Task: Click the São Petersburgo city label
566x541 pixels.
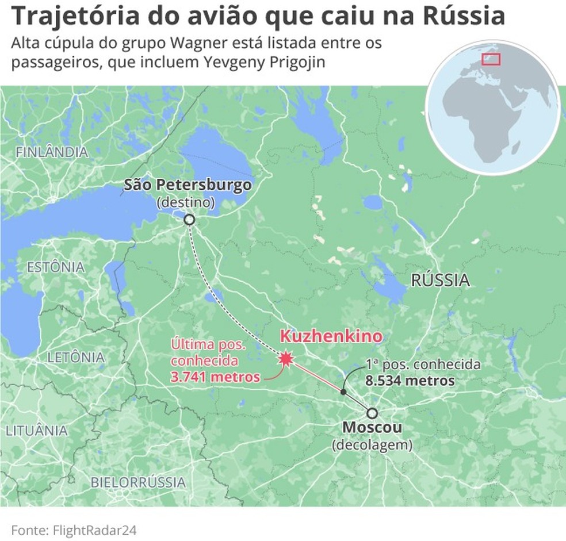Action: click(x=188, y=185)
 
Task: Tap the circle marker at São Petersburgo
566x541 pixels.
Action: click(x=189, y=220)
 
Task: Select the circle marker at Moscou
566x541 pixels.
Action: click(x=372, y=413)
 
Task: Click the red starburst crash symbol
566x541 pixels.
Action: click(x=285, y=359)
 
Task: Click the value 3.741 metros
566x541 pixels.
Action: click(x=215, y=377)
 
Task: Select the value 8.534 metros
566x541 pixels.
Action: click(x=410, y=381)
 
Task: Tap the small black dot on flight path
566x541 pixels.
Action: click(x=343, y=392)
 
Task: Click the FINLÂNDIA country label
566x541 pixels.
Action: click(x=52, y=152)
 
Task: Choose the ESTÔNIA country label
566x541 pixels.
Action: click(x=56, y=267)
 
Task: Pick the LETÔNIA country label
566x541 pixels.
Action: click(x=76, y=357)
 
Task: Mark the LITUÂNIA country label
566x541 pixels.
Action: click(x=36, y=431)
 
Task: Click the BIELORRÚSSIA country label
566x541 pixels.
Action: click(x=138, y=482)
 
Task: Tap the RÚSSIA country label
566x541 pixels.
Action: click(x=440, y=281)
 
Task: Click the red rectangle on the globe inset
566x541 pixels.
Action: click(x=491, y=59)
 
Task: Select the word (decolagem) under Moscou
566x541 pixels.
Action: click(x=372, y=445)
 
